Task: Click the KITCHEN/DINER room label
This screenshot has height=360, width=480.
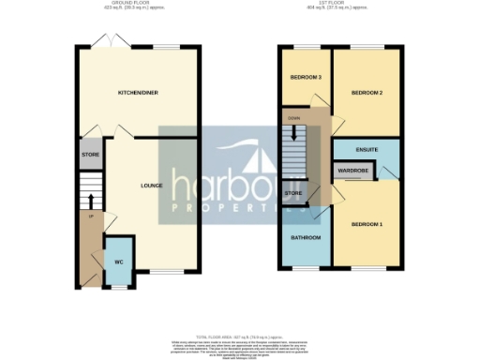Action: pyautogui.click(x=136, y=93)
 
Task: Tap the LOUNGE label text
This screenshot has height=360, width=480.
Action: pyautogui.click(x=152, y=185)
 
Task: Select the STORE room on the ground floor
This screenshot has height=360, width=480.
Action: pyautogui.click(x=90, y=155)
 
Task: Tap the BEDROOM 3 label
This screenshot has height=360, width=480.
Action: pyautogui.click(x=306, y=77)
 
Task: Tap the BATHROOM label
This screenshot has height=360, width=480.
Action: pyautogui.click(x=306, y=237)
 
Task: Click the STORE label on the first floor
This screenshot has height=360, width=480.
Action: pyautogui.click(x=292, y=193)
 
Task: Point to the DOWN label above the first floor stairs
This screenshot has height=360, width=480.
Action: pyautogui.click(x=293, y=119)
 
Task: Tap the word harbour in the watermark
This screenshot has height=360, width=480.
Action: pyautogui.click(x=241, y=180)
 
